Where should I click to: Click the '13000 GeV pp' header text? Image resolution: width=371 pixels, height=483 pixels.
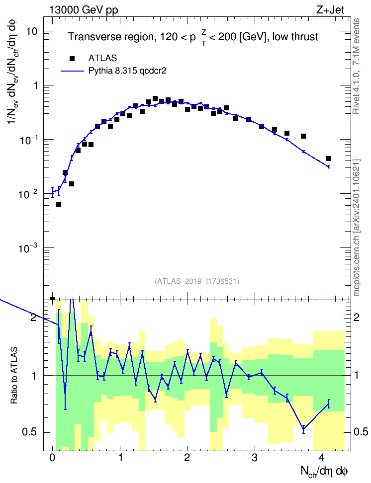[84, 10]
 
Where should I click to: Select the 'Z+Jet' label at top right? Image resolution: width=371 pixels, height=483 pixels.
[330, 10]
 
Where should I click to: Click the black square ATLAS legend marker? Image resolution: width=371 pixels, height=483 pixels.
[72, 58]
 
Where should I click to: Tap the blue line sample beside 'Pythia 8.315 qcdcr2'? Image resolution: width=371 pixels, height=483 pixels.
[72, 71]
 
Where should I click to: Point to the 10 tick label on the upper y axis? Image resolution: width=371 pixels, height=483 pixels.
[31, 31]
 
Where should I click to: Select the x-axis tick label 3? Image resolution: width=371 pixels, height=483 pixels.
[255, 458]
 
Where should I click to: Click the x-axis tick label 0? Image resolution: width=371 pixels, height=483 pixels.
[52, 458]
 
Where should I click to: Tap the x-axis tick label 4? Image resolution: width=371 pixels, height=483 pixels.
[322, 458]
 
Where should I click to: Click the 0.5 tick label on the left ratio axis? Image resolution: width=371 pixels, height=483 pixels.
[30, 432]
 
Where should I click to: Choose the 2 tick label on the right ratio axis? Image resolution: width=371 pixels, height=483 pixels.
[357, 317]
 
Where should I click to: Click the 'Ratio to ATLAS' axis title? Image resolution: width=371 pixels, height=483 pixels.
[14, 375]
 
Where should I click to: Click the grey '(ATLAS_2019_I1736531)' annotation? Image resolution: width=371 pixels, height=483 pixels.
[197, 281]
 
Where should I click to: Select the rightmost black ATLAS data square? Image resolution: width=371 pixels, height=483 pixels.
[328, 159]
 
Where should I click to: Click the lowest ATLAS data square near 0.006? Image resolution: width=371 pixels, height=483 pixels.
[59, 205]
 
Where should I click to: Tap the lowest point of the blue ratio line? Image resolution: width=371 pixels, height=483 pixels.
[303, 429]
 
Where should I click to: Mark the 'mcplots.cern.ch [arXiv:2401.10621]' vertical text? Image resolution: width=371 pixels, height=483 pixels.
[357, 228]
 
